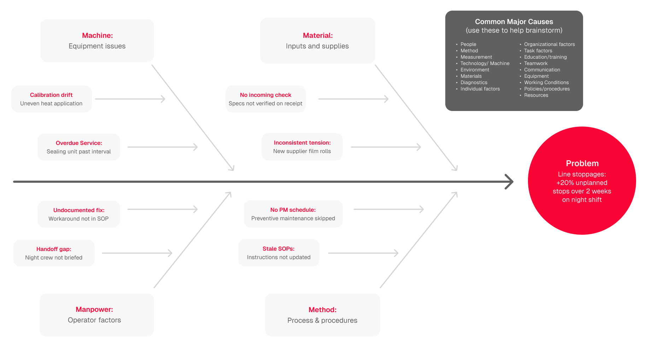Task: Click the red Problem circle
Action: click(x=582, y=181)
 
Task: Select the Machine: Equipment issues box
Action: click(x=97, y=41)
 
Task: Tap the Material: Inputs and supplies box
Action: click(x=317, y=41)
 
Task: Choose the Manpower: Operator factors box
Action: click(x=97, y=315)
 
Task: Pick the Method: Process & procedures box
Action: click(x=322, y=315)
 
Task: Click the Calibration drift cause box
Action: click(x=52, y=99)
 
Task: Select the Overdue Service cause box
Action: click(x=79, y=147)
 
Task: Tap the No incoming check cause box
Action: click(x=266, y=99)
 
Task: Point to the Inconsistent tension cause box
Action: click(x=302, y=147)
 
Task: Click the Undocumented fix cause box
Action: click(x=79, y=214)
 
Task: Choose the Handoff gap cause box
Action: click(x=54, y=253)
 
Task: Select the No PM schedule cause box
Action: click(x=293, y=214)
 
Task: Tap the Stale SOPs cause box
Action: click(x=279, y=253)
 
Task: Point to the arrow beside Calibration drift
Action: click(x=130, y=99)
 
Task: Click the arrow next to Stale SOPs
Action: click(x=363, y=253)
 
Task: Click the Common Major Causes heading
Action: click(x=514, y=22)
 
